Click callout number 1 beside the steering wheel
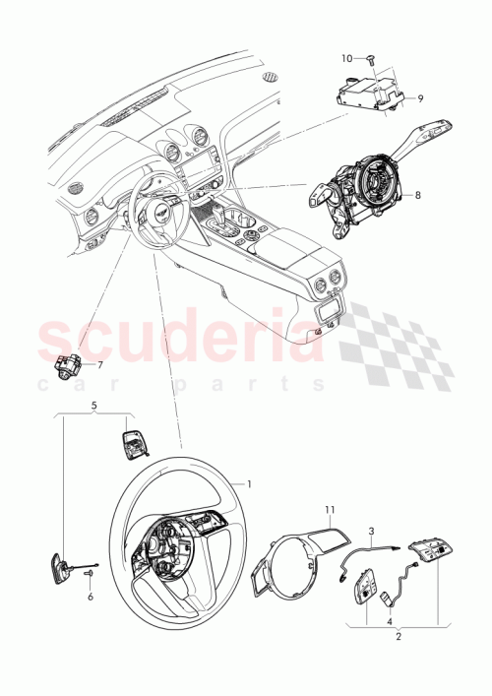[249, 483]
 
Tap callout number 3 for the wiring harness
[371, 531]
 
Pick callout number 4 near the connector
[390, 621]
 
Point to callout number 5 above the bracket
[93, 405]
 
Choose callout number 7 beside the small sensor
[98, 364]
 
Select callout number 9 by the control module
[419, 98]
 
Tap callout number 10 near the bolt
[347, 58]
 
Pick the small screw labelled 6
[84, 572]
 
